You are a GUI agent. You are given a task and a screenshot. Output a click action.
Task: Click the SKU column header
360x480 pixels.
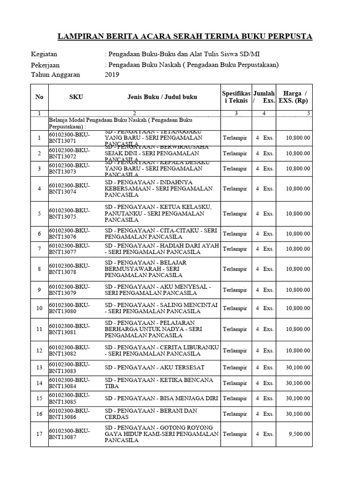click(76, 97)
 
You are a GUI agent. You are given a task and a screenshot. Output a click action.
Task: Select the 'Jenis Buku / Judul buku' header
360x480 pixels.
click(162, 97)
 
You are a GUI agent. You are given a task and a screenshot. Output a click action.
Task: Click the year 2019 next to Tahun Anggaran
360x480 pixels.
click(112, 75)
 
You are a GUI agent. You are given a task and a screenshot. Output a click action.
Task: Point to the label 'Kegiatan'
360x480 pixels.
click(45, 54)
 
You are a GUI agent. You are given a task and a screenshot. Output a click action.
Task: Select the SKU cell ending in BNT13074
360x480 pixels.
click(69, 189)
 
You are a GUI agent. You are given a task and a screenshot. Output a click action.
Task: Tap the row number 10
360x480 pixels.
click(39, 308)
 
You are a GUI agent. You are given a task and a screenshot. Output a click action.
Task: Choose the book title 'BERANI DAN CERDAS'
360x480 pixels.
click(151, 414)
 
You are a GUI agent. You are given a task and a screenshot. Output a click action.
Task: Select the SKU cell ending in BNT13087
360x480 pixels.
click(69, 434)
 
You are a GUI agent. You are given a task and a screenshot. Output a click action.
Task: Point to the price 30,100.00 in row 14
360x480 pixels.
click(298, 383)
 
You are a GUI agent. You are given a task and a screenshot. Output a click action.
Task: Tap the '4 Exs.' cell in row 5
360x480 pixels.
click(264, 214)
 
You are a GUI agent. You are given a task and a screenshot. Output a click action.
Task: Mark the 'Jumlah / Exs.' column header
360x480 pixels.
click(264, 97)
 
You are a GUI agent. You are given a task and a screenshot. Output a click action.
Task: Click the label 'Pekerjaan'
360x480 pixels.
click(45, 65)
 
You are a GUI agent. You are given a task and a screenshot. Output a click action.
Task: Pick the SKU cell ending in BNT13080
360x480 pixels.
click(69, 308)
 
